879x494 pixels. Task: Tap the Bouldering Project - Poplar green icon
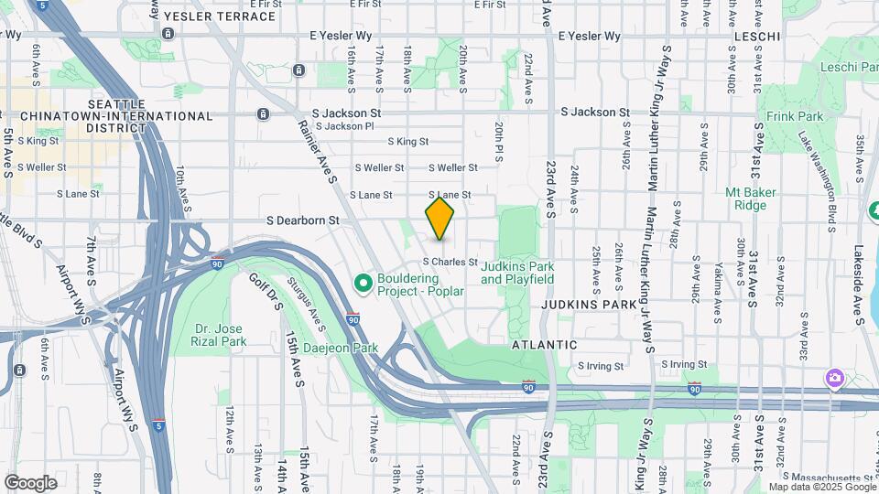click(363, 285)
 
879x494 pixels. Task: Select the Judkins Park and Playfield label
click(517, 273)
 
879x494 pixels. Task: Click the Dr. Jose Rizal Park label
click(221, 335)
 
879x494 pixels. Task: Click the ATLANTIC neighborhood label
click(544, 345)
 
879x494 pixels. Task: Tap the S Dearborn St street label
click(303, 220)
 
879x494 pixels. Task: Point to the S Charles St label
click(450, 262)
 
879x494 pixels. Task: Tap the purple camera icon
click(833, 377)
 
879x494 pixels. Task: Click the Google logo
click(30, 482)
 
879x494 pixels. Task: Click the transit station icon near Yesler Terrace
click(168, 34)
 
